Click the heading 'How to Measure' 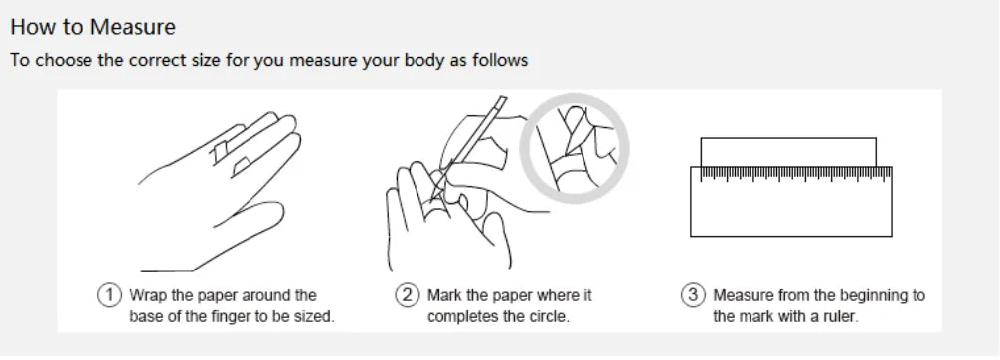[x=93, y=27]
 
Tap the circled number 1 [x=109, y=295]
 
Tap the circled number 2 [x=407, y=295]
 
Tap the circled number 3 [x=693, y=295]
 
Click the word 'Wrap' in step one [x=147, y=296]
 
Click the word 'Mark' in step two [x=444, y=295]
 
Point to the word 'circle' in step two [x=549, y=316]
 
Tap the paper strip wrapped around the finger [x=220, y=152]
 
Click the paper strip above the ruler [x=788, y=152]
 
